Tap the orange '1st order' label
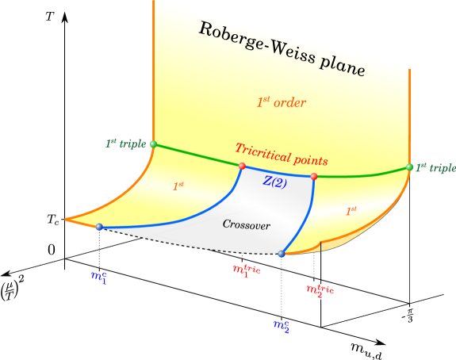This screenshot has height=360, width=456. click(281, 102)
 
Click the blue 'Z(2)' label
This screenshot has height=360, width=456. click(275, 181)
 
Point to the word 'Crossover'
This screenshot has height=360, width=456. click(246, 225)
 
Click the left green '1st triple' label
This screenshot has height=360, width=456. click(125, 144)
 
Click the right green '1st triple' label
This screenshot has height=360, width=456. click(435, 168)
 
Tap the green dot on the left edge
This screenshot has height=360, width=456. click(153, 144)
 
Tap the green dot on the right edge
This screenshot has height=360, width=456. click(410, 167)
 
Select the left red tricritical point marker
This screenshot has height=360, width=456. click(243, 166)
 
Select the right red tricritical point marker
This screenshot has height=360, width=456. click(314, 176)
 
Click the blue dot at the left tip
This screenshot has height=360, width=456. click(99, 228)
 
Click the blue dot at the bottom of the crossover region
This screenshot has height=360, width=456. click(282, 254)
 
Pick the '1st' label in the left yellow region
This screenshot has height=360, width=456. click(178, 186)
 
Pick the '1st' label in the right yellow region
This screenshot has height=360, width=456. click(351, 211)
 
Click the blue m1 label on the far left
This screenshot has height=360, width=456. click(98, 277)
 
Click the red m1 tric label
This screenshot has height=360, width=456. click(246, 270)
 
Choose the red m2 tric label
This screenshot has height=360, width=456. click(320, 290)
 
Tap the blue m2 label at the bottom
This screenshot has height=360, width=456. click(281, 324)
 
